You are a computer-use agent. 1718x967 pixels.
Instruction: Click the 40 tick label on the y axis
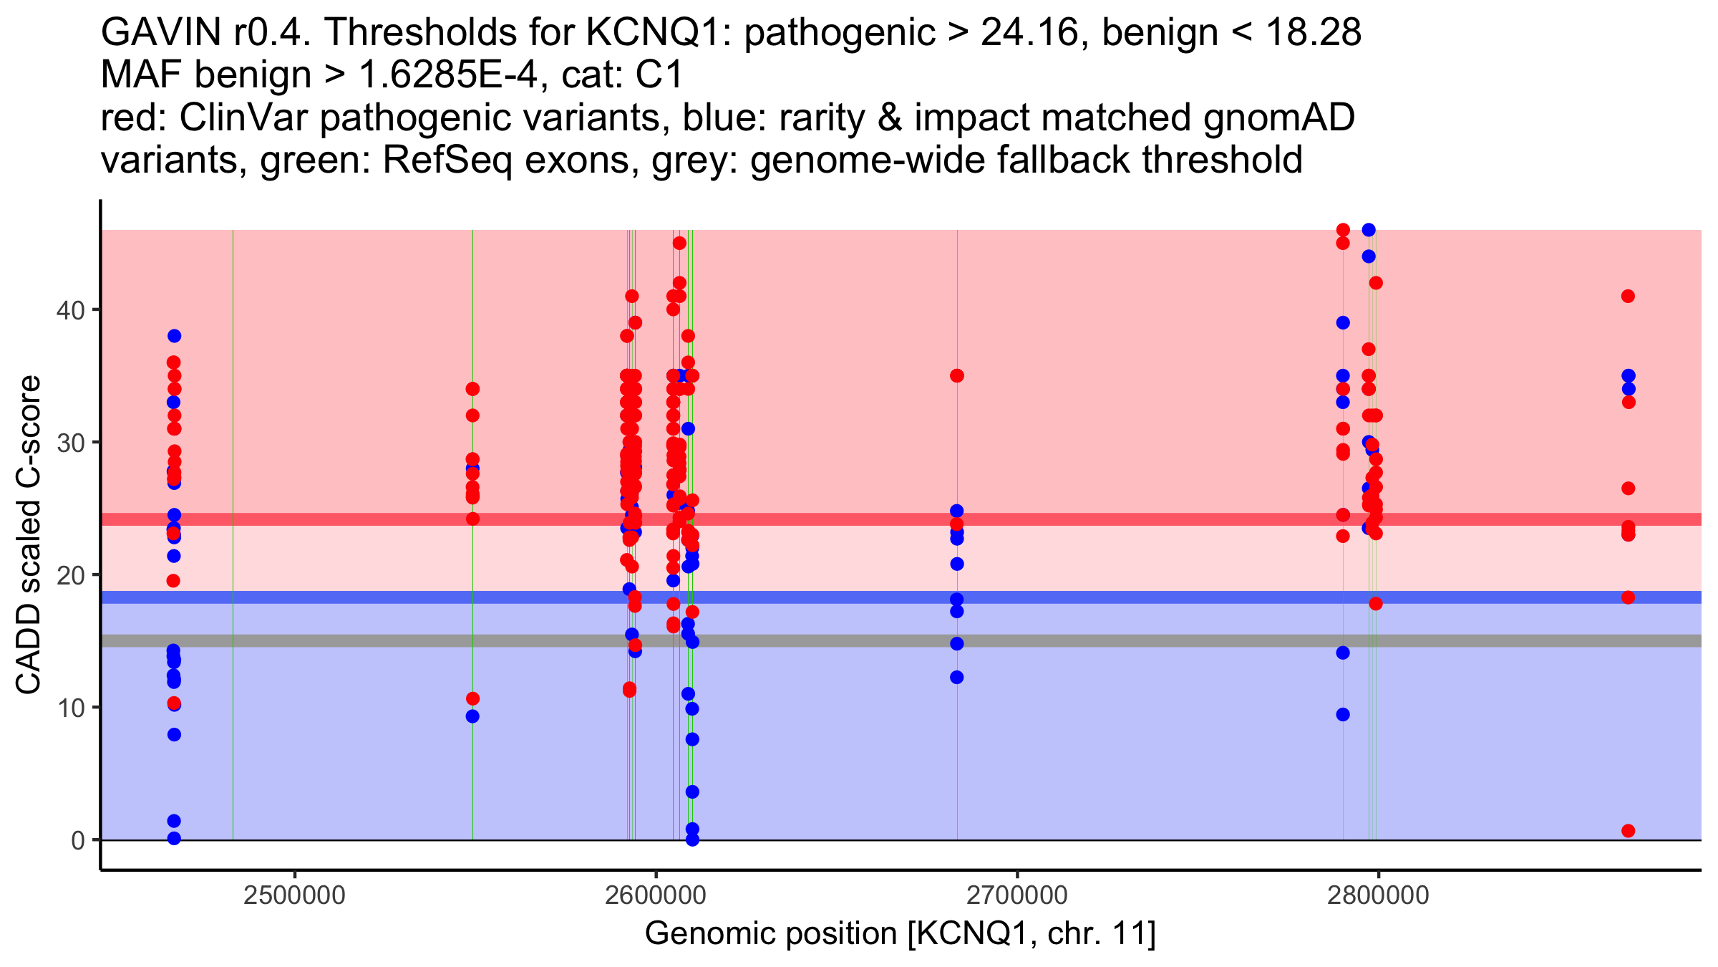coord(69,310)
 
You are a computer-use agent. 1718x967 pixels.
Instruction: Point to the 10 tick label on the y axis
coord(69,708)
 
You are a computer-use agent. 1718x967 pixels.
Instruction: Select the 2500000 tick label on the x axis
coord(294,895)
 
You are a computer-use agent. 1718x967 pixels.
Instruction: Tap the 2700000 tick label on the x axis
coord(1016,895)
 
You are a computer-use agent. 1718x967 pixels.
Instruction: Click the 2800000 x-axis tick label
coord(1378,895)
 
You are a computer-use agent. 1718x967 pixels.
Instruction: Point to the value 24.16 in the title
coord(1029,32)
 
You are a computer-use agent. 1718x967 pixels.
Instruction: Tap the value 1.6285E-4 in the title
coord(448,74)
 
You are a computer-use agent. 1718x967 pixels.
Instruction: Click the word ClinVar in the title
coord(244,117)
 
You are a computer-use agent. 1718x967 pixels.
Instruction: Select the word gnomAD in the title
coord(1278,117)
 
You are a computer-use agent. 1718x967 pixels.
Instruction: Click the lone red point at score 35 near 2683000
coord(957,375)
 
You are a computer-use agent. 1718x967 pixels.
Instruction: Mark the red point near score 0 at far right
coord(1629,831)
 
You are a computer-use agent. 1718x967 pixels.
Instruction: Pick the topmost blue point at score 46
coord(1369,230)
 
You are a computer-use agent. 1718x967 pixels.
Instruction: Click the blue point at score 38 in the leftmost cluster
coord(174,336)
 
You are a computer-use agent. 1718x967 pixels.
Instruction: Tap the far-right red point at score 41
coord(1629,296)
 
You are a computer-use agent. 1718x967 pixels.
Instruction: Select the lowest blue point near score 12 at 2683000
coord(957,677)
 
